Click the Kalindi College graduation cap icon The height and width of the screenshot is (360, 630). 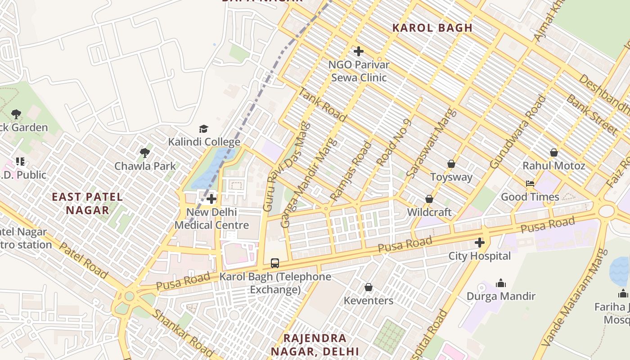204,129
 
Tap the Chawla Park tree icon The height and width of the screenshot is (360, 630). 145,153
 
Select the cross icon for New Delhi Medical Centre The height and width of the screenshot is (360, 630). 211,198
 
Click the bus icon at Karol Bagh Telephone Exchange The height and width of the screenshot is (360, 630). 274,263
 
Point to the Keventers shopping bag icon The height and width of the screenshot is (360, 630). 368,287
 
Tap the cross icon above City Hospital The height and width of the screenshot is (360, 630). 480,243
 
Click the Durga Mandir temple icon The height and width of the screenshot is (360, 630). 500,283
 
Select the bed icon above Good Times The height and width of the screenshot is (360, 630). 530,184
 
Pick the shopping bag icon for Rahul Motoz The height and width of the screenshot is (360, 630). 553,153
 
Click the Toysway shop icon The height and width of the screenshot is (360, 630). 451,164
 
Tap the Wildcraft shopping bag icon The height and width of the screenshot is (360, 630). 429,199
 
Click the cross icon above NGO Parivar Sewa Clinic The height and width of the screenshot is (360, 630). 358,51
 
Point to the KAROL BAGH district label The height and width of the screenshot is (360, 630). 432,28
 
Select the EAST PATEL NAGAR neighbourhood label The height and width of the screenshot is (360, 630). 87,203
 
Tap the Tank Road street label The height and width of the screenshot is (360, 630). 323,105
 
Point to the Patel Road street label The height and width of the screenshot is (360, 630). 83,261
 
